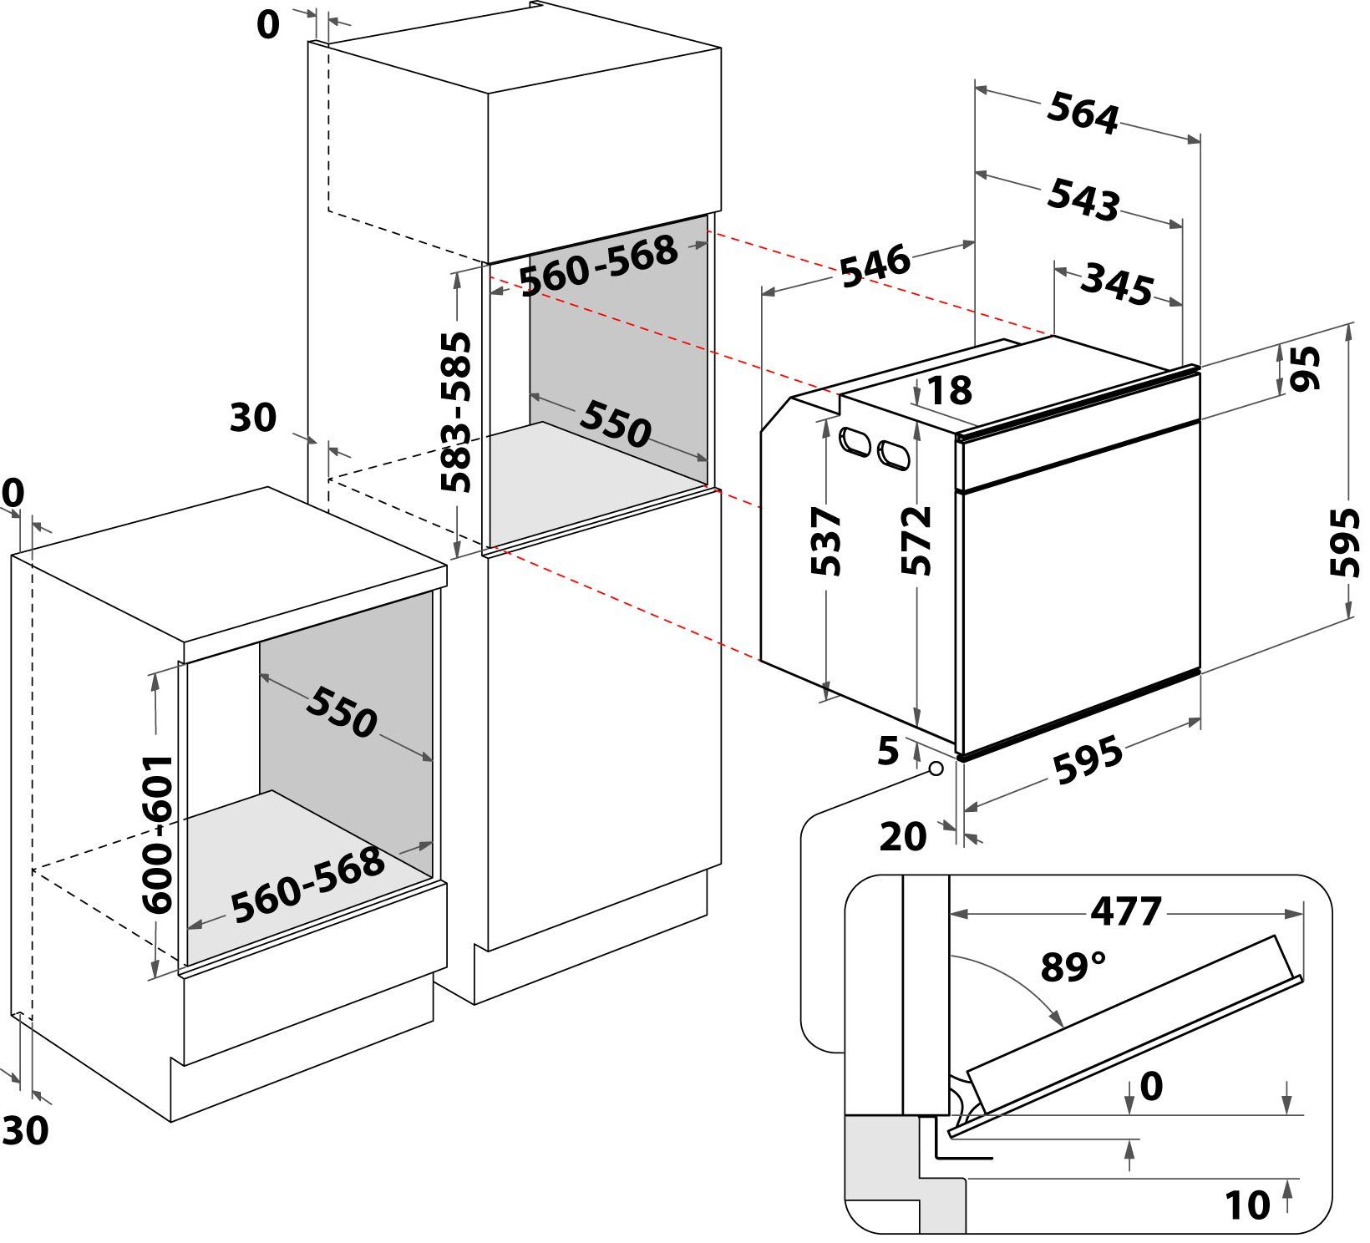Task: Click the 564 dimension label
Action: point(1083,114)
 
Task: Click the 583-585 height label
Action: point(457,413)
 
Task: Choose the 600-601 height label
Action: point(157,835)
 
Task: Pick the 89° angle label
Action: point(1073,966)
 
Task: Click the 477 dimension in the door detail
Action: point(1126,911)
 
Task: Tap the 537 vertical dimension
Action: point(826,541)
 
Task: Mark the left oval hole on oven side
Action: point(855,441)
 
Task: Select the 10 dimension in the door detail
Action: point(1247,1205)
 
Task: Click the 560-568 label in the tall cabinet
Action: point(598,266)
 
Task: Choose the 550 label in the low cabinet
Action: point(341,713)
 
